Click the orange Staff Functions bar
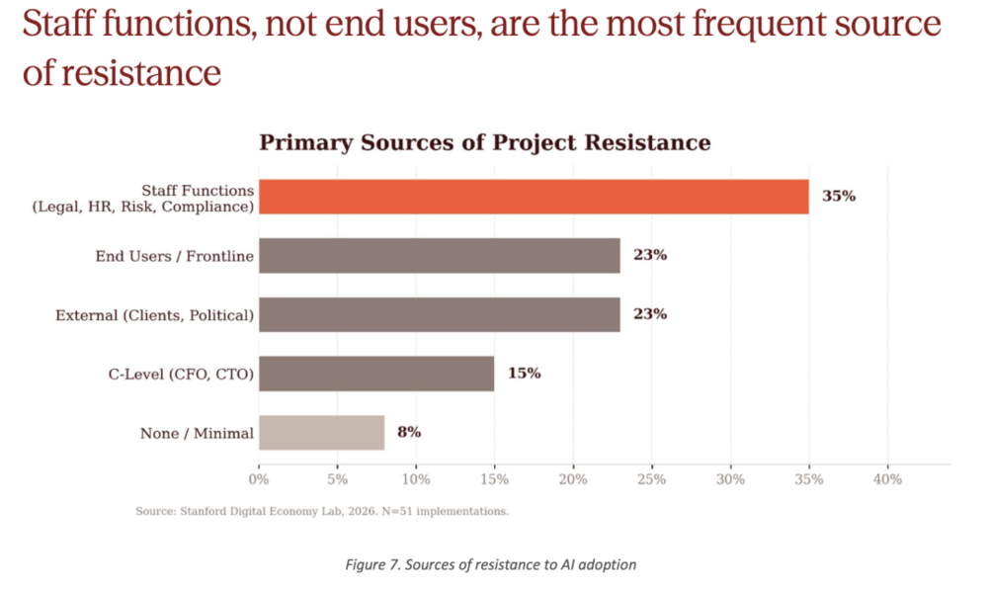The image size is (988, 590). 534,197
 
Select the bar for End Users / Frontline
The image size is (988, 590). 440,256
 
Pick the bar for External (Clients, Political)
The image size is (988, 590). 440,315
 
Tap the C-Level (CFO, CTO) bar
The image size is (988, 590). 376,374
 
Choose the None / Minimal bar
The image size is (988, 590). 321,433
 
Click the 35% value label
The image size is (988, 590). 839,197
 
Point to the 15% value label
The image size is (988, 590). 525,374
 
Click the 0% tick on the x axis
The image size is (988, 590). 259,479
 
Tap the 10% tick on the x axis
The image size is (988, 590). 416,479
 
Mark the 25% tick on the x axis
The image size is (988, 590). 651,479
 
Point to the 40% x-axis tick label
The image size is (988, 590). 887,479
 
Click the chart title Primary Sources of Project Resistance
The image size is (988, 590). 484,142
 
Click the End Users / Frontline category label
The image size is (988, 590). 175,256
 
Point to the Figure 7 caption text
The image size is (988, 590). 491,564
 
